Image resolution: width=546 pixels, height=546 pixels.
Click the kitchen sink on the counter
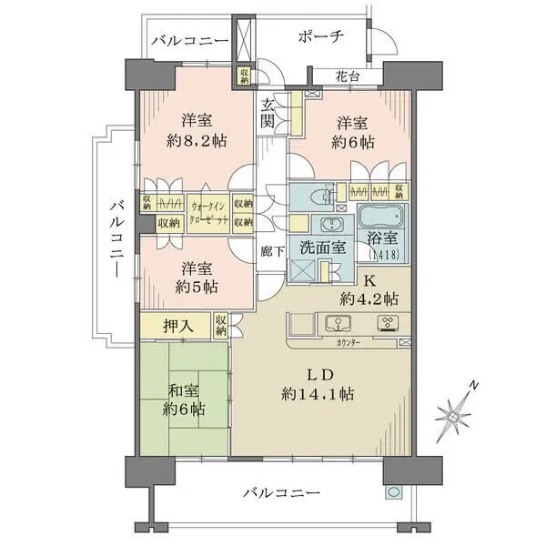point(335,322)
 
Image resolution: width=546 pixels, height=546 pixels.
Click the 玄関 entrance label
point(269,113)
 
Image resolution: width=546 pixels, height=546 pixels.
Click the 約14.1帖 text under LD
point(318,394)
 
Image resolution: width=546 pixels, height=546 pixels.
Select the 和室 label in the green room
point(184,391)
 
